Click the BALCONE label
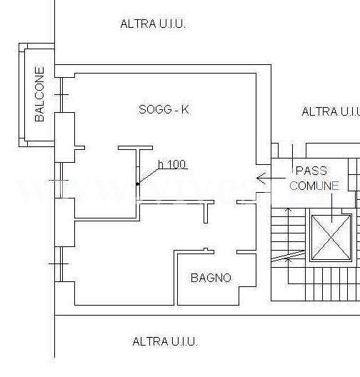40,94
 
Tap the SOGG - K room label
164,109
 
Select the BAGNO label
211,278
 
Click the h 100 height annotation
172,164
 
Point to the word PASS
311,171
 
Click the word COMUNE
314,186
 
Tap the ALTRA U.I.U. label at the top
153,24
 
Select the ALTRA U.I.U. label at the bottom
165,341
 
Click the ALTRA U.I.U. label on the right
331,111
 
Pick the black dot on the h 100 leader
138,184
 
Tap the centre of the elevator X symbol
331,237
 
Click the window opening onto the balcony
61,95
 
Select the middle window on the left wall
61,181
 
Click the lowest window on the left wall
61,264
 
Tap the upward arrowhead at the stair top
289,211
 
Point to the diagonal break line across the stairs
288,256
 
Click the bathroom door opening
225,252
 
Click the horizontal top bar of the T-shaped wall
135,148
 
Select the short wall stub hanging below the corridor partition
206,213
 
